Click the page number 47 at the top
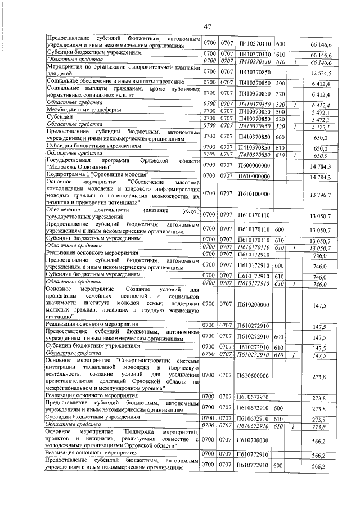tap(207, 26)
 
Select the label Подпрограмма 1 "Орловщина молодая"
tap(96, 175)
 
